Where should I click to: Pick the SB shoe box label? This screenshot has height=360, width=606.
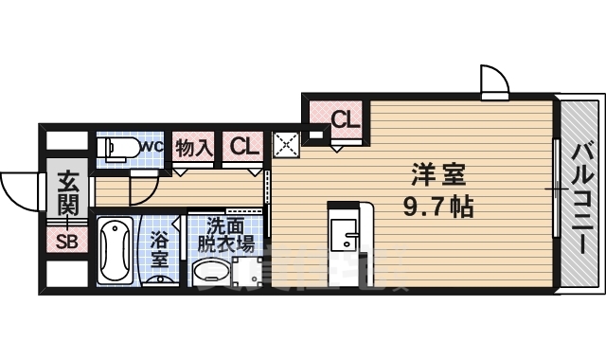tap(67, 241)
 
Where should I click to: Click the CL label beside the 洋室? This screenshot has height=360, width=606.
tap(346, 119)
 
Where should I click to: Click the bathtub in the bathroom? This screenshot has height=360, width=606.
tap(115, 251)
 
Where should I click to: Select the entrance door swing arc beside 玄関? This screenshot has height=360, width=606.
tap(19, 189)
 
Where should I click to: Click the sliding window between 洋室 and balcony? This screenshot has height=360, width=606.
tap(556, 189)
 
